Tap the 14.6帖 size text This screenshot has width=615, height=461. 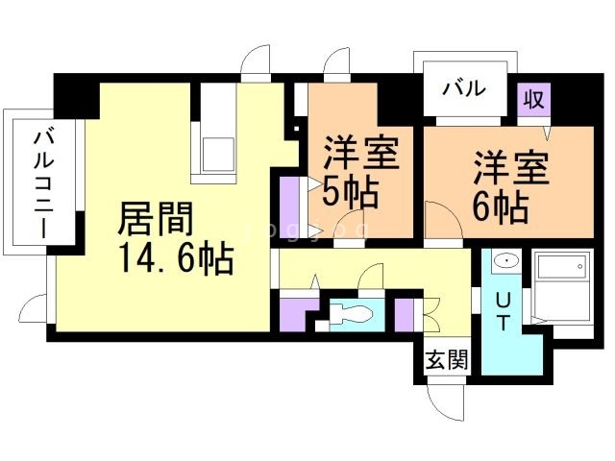(x=177, y=258)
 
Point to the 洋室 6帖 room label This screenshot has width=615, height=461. (x=510, y=186)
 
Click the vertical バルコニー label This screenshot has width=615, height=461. (x=44, y=184)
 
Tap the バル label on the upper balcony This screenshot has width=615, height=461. (x=464, y=88)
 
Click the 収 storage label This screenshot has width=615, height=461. (x=534, y=99)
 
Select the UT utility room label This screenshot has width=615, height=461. (x=504, y=312)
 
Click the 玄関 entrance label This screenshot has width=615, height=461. (x=448, y=359)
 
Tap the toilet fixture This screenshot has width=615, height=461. (x=351, y=314)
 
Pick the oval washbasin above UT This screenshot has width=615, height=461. (x=506, y=260)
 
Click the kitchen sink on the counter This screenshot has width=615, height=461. (x=218, y=155)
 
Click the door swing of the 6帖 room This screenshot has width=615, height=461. (x=443, y=220)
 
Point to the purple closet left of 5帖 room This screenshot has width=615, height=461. (x=290, y=207)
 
